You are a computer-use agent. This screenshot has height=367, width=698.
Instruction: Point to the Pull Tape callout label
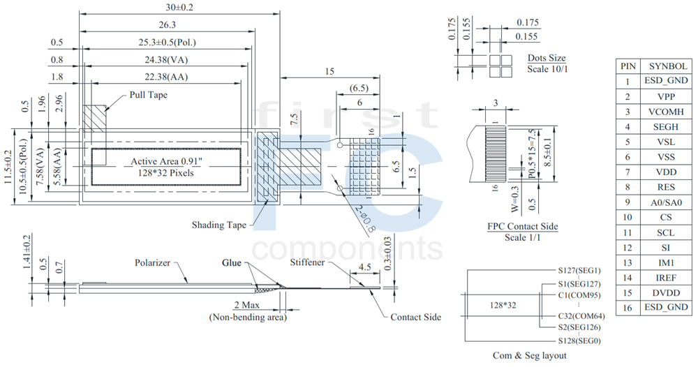pyautogui.click(x=149, y=94)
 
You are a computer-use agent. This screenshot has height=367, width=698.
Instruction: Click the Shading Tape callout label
pyautogui.click(x=219, y=225)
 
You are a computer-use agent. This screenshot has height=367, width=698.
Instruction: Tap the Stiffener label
pyautogui.click(x=308, y=262)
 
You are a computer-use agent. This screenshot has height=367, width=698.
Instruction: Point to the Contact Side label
pyautogui.click(x=415, y=317)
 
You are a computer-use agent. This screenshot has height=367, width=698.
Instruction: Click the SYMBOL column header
pyautogui.click(x=668, y=66)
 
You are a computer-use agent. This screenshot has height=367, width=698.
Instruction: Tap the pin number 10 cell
pyautogui.click(x=628, y=217)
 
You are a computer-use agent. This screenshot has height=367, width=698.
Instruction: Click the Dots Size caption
pyautogui.click(x=547, y=58)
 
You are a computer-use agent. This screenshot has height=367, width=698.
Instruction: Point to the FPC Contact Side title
pyautogui.click(x=522, y=227)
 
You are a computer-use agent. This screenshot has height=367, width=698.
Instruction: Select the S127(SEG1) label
pyautogui.click(x=579, y=271)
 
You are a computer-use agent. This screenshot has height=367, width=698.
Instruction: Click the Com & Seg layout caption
pyautogui.click(x=530, y=356)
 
